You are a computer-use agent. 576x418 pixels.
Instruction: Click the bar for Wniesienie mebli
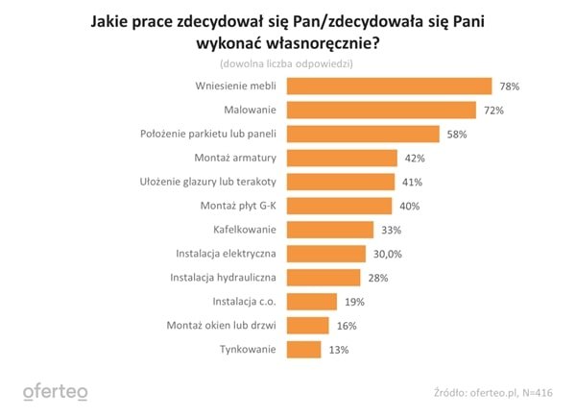point(389,86)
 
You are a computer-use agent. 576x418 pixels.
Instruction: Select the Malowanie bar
point(381,111)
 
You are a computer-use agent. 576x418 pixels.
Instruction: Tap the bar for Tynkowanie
point(303,349)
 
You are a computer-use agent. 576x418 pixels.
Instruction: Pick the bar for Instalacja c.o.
point(312,301)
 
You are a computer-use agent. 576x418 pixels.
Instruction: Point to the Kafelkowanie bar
point(330,230)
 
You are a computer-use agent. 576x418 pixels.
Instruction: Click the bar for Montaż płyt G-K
point(339,206)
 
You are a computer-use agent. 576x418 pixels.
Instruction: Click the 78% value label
point(509,86)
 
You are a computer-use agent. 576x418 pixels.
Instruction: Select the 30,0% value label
point(388,254)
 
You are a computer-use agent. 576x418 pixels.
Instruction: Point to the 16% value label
point(347,325)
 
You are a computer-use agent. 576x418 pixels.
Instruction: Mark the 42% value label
point(414,159)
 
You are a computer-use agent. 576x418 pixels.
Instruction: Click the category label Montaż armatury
point(237,159)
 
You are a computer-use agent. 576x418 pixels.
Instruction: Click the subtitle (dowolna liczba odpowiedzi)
point(287,63)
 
